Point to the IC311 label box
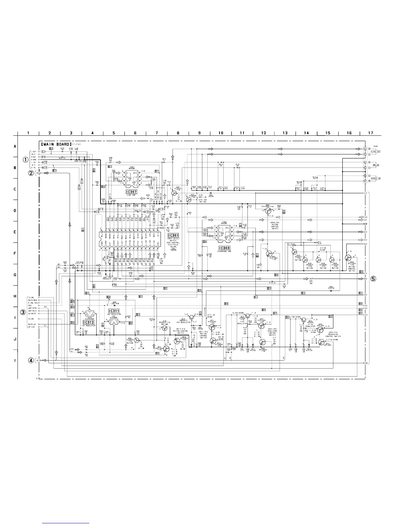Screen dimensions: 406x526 114,311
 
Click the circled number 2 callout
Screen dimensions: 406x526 31,173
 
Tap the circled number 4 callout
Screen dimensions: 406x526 31,360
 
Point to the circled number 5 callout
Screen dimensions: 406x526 373,279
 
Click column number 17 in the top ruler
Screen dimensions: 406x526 371,133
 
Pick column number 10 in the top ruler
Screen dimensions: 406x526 221,133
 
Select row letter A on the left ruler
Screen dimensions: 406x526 15,146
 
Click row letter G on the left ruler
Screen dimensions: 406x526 15,275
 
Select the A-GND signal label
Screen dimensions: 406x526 33,159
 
